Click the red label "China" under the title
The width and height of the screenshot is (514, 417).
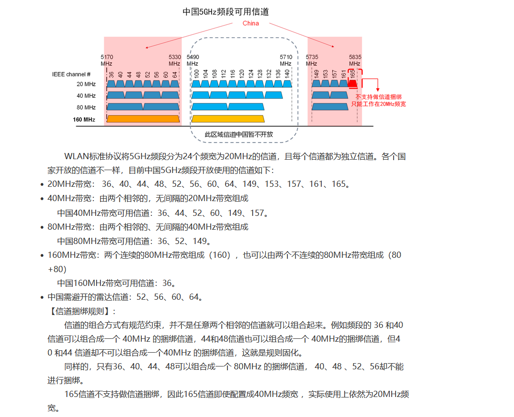click(x=250, y=23)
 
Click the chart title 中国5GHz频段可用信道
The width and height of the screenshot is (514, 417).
click(x=229, y=11)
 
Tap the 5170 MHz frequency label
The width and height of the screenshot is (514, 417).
click(x=107, y=60)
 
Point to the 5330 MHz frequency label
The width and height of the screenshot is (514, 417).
click(x=175, y=60)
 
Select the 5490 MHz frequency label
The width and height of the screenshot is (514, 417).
click(x=193, y=60)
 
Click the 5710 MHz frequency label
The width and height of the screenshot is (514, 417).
click(x=286, y=60)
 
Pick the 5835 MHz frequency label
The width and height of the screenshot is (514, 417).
click(x=355, y=60)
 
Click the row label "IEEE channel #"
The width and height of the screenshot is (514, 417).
click(x=71, y=74)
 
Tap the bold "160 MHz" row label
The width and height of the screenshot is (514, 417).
click(x=84, y=120)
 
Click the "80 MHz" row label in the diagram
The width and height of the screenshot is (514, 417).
click(x=86, y=108)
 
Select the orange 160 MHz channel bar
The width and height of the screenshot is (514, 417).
click(x=143, y=119)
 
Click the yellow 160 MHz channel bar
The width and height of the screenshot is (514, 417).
click(x=227, y=119)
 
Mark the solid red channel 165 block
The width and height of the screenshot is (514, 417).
click(x=353, y=84)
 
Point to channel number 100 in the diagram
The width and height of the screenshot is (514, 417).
click(x=196, y=74)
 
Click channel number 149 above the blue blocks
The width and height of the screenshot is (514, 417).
click(x=316, y=74)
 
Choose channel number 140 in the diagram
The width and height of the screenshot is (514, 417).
click(x=287, y=74)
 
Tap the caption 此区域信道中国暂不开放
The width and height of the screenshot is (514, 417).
click(x=239, y=134)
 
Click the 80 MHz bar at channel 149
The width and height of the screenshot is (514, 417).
click(x=330, y=107)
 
